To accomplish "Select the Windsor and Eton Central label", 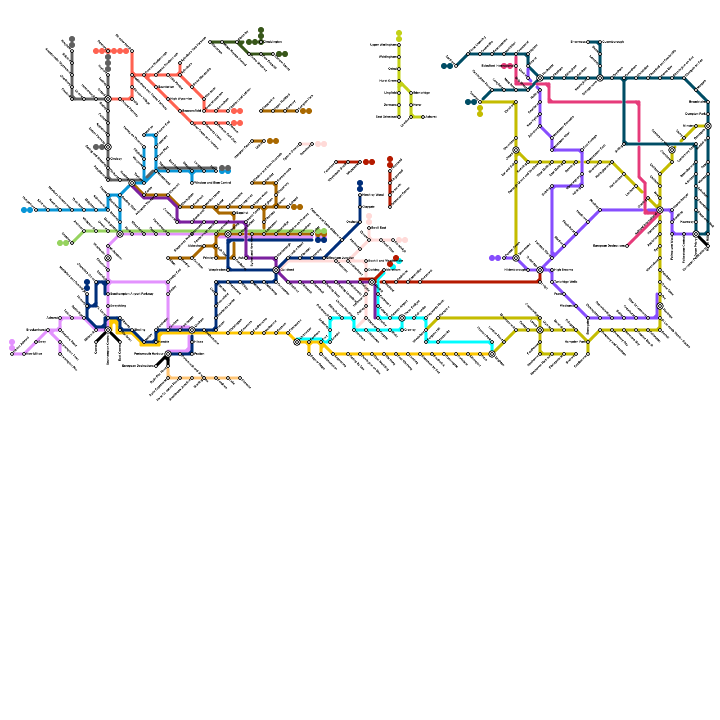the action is coord(212,183).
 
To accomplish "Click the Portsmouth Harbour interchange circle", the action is coord(168,354).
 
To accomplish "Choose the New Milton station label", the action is coord(34,354).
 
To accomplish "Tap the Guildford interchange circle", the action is coord(276,270).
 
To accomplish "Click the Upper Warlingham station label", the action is coord(383,45).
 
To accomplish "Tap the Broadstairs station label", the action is coord(697,102).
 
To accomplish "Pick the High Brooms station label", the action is coord(563,270).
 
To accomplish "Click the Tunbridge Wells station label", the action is coord(566,282).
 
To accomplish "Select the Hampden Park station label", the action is coord(576,342).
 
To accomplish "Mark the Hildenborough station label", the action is coord(515,270).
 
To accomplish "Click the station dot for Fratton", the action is coord(192,354).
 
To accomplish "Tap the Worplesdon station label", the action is coord(218,270).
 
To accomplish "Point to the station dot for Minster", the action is coord(696,126).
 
